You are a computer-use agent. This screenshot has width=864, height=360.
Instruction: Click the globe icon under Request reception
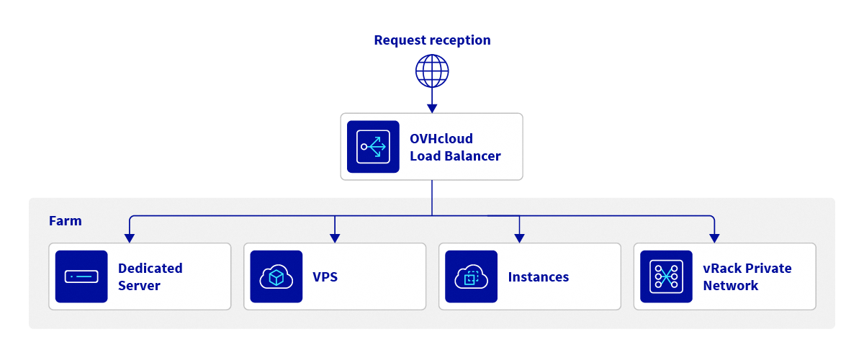[x=432, y=71]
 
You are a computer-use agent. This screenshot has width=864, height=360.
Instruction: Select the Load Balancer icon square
[x=373, y=147]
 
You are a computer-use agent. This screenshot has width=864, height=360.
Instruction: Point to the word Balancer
[x=473, y=156]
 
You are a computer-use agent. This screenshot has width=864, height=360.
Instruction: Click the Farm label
[x=65, y=221]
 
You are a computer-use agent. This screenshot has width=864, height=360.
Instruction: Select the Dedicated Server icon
[x=81, y=276]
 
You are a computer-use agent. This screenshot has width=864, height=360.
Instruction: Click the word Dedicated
[x=150, y=269]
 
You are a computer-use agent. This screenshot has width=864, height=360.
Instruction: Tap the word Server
[x=139, y=286]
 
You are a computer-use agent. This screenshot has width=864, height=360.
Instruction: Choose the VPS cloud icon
[x=276, y=276]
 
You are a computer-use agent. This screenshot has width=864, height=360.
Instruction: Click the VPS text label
[x=325, y=277]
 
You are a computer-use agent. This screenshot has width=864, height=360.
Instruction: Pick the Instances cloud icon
[x=471, y=276]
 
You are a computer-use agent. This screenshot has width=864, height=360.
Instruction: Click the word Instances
[x=539, y=277]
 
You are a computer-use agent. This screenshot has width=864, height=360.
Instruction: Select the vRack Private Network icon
[x=666, y=276]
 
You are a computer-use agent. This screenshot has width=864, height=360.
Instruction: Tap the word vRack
[x=722, y=269]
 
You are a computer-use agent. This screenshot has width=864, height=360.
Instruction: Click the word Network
[x=730, y=286]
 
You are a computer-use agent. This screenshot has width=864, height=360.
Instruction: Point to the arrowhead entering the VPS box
[x=334, y=238]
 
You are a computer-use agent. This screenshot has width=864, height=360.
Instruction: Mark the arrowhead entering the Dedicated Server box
[x=129, y=238]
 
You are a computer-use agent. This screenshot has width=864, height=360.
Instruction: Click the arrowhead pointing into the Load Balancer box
[x=432, y=108]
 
